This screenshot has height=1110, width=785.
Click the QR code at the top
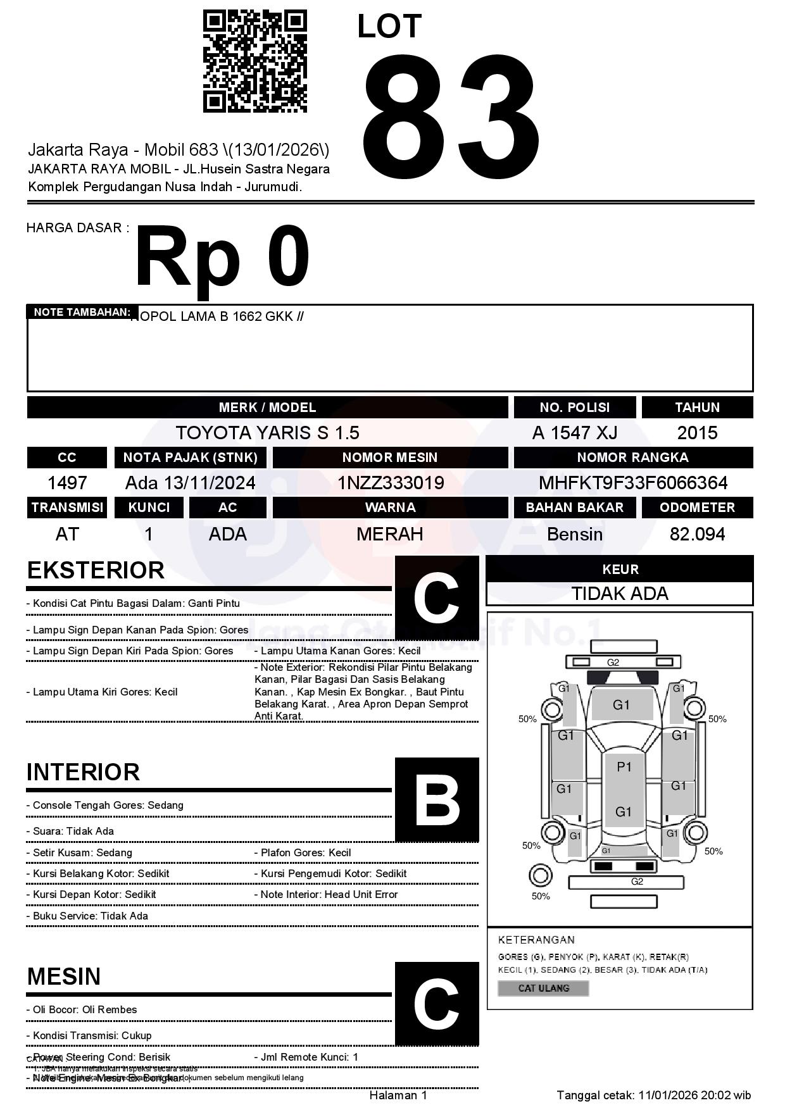pos(254,61)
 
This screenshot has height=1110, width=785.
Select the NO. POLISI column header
pos(574,408)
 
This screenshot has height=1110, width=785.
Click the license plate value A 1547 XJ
pos(574,433)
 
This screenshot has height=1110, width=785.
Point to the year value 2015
pos(697,433)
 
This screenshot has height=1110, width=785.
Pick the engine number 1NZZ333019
pos(390,483)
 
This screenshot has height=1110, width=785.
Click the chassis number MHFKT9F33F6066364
pos(633,483)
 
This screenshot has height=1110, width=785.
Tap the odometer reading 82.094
pos(697,534)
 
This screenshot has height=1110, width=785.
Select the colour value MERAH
pos(390,534)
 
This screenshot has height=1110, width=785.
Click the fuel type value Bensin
pos(574,534)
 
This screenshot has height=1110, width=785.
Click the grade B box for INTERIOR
pos(436,799)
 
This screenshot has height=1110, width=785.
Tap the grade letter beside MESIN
pos(436,1003)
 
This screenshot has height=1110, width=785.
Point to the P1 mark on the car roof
pos(624,767)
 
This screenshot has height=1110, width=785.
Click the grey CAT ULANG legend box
pos(543,988)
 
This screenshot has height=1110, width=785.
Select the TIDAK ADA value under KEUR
pos(620,594)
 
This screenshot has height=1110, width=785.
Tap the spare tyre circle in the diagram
pos(540,876)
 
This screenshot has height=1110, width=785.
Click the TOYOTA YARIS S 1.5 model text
pos(267,433)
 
